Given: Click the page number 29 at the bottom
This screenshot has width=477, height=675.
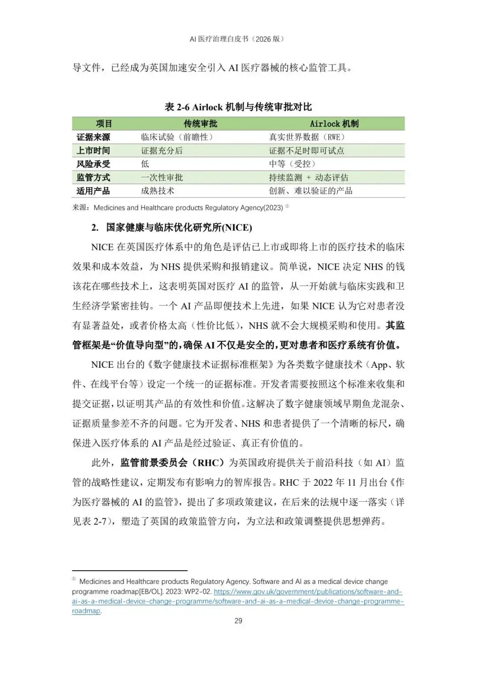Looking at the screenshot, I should (238, 621).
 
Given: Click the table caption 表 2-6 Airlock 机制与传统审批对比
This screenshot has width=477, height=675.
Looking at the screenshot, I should (238, 107).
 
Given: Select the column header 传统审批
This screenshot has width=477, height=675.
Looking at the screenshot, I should (201, 124).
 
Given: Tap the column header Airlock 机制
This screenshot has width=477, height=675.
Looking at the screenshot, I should (334, 124).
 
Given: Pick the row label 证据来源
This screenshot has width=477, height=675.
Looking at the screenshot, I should (93, 137).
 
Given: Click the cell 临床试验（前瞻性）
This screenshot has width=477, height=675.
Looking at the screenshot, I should (177, 137).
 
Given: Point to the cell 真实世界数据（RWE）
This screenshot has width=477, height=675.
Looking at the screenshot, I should (307, 137).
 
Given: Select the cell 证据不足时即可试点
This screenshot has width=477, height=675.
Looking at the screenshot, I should (307, 151).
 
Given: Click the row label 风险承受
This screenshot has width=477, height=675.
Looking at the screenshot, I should (93, 164).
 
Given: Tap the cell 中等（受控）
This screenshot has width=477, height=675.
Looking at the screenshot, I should (292, 164).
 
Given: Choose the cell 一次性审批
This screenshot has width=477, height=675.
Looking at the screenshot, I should (162, 178).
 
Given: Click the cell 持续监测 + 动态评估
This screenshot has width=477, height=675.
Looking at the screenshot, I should (308, 178).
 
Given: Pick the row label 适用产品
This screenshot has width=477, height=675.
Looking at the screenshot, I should (93, 191).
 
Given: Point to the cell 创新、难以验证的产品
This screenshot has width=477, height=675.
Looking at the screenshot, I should (310, 191).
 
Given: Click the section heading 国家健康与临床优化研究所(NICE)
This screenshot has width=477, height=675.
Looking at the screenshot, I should (179, 228).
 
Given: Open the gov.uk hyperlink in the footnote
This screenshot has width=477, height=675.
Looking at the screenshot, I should (308, 591).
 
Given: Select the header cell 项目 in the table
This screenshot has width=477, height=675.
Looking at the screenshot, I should (104, 124).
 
